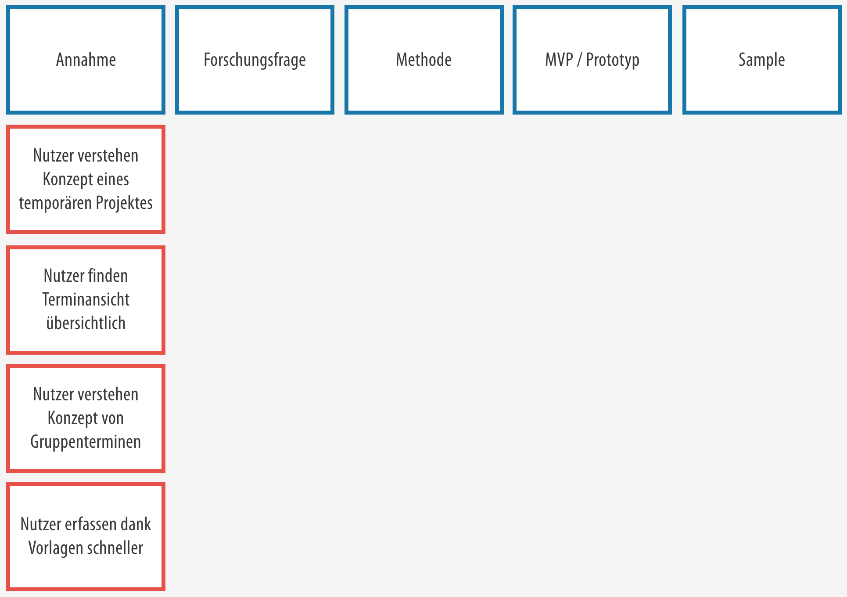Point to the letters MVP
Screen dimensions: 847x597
559,60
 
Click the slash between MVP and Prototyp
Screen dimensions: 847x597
580,60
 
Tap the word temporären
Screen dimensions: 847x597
55,203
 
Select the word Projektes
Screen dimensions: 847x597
124,203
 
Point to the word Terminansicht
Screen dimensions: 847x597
86,299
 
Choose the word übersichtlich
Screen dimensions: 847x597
86,323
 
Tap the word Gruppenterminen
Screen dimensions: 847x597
86,442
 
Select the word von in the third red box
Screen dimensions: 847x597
112,418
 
